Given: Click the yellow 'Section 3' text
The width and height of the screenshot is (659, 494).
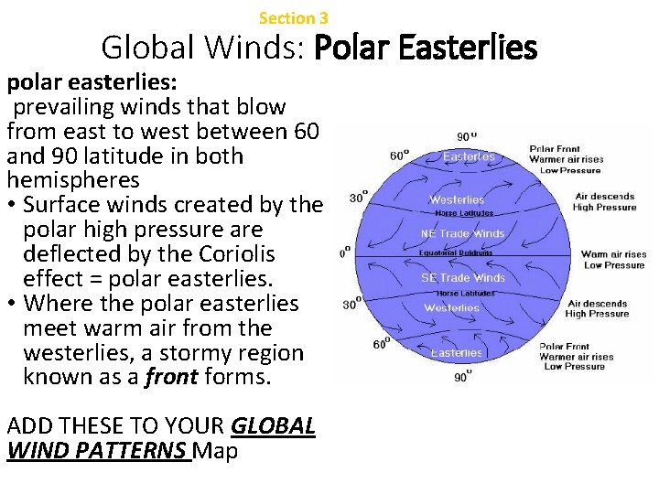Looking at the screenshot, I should click(x=293, y=18).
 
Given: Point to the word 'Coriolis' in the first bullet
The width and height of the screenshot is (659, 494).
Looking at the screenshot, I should click(x=221, y=253).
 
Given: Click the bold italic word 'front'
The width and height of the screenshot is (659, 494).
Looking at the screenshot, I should click(x=170, y=377).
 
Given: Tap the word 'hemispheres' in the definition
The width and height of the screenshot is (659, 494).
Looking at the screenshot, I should click(x=73, y=180).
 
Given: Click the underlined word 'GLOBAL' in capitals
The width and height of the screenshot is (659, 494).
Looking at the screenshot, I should click(x=274, y=425).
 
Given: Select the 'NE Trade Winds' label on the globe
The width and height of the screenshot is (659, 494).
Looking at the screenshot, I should click(x=462, y=234).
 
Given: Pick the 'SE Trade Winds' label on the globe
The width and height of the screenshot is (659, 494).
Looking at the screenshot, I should click(x=462, y=278).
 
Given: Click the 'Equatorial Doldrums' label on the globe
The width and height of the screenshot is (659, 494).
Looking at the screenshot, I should click(x=456, y=252).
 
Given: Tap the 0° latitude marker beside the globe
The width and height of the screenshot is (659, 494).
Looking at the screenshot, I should click(x=345, y=252).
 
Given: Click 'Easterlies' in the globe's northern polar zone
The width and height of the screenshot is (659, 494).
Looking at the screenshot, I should click(x=469, y=156).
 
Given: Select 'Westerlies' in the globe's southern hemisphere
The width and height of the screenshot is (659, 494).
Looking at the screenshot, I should click(x=452, y=308).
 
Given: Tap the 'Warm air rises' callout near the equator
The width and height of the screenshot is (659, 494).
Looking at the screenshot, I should click(x=614, y=255).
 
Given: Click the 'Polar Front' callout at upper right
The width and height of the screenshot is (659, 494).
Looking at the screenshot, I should click(x=555, y=149).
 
